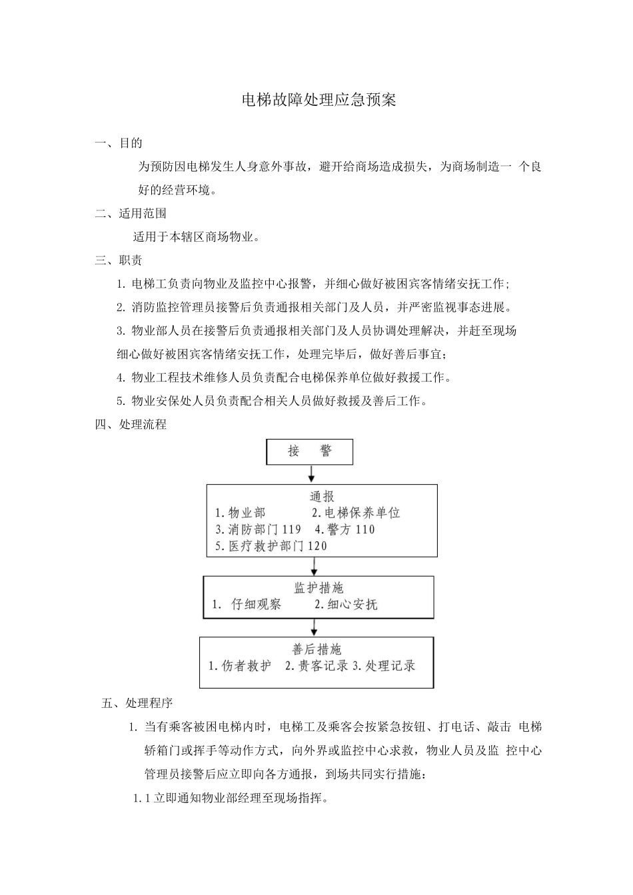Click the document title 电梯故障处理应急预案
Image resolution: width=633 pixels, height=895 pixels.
tap(318, 101)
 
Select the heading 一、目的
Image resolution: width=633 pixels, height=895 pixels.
tap(119, 143)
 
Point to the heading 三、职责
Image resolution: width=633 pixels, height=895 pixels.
tap(119, 260)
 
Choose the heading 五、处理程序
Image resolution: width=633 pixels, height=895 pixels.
tap(137, 703)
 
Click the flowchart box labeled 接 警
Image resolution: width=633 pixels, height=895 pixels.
tap(310, 451)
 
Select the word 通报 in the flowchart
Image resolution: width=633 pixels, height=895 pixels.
tap(322, 497)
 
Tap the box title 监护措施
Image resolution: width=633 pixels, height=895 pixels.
tap(318, 588)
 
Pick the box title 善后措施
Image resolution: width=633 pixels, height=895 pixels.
tap(316, 649)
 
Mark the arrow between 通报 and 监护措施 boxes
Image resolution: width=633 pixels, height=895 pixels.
tap(314, 566)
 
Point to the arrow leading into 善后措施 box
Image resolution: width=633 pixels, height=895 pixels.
tap(314, 627)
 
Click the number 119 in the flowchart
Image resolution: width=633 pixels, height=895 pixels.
tap(292, 530)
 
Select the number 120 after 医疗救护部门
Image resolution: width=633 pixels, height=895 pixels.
tap(317, 546)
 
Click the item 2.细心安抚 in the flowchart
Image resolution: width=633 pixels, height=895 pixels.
tap(346, 605)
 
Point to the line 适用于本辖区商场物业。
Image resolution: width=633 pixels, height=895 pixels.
tap(196, 236)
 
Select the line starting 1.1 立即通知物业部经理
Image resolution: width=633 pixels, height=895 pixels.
tap(232, 798)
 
